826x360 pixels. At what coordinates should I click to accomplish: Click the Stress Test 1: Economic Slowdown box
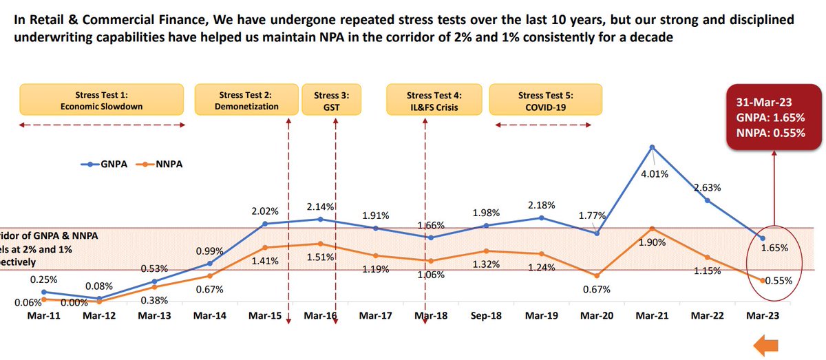pyautogui.click(x=102, y=100)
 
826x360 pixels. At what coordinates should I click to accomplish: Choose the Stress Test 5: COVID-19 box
pyautogui.click(x=545, y=100)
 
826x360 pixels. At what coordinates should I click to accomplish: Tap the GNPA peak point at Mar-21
pyautogui.click(x=651, y=147)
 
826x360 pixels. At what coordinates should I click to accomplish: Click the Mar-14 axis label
pyautogui.click(x=209, y=315)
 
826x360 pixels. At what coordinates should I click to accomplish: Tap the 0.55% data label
pyautogui.click(x=779, y=280)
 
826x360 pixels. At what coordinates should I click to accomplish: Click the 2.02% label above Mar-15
pyautogui.click(x=265, y=211)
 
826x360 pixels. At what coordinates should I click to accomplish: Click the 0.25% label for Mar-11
pyautogui.click(x=43, y=279)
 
